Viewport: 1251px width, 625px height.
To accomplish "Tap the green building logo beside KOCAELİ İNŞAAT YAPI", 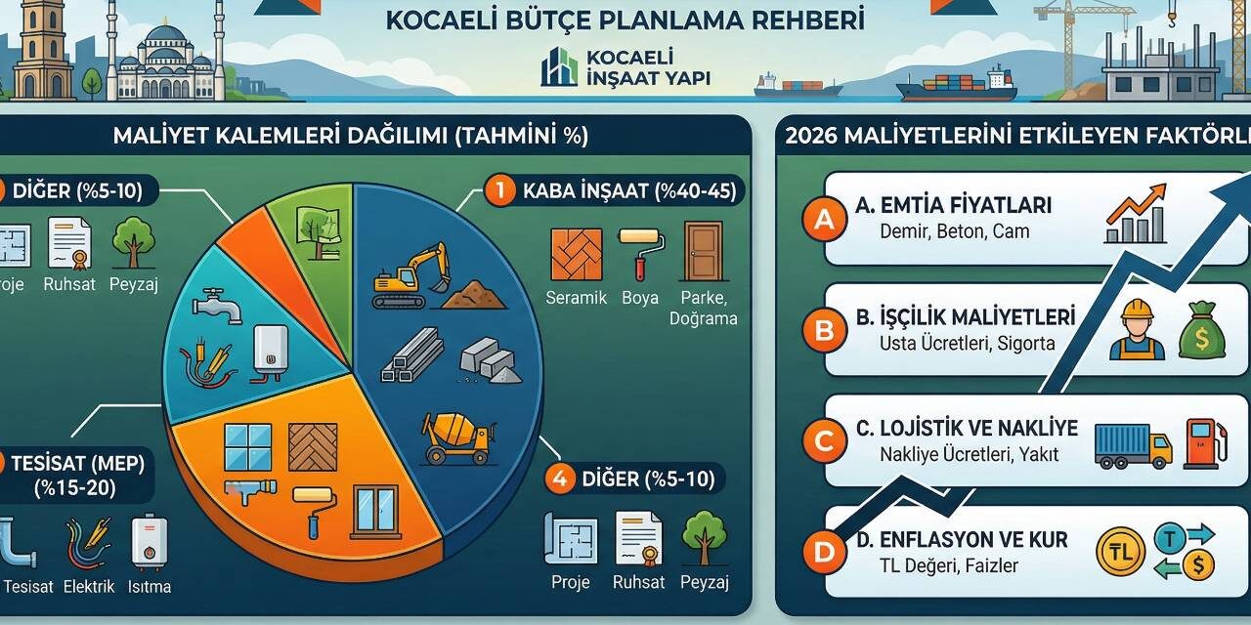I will (x=559, y=66).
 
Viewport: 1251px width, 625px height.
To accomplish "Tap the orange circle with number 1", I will (x=499, y=190).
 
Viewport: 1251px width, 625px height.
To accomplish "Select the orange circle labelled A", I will (x=824, y=220).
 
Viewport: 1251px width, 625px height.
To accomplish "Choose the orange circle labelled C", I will (x=823, y=441).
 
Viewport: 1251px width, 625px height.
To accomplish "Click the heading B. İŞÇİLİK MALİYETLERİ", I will (x=965, y=317).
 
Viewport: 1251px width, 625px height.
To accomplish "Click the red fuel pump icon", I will (x=1205, y=441).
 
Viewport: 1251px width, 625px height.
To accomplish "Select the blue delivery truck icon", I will (x=1132, y=445).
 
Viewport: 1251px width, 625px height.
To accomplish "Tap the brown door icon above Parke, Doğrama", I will (x=702, y=252).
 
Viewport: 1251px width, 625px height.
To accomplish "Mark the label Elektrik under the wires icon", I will (x=89, y=587).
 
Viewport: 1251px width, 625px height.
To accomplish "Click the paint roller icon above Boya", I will (x=640, y=254).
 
